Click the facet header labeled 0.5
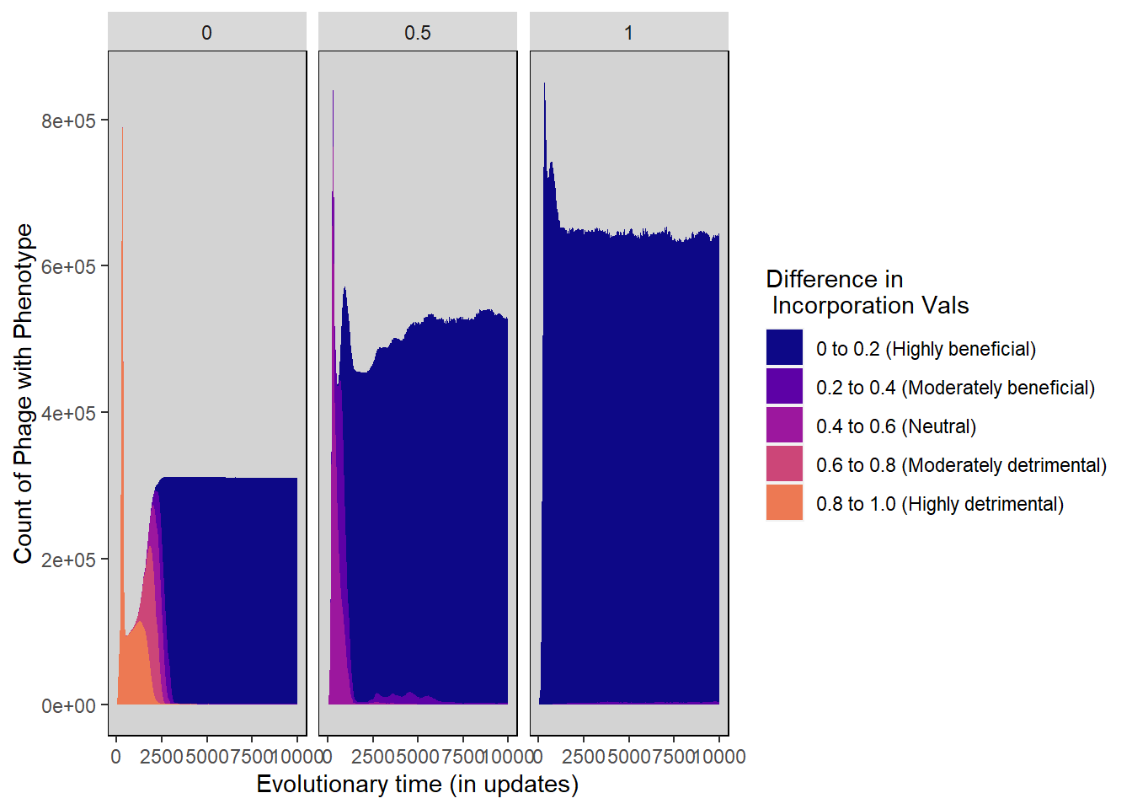point(417,33)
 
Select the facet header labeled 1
point(628,33)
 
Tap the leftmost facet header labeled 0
point(206,33)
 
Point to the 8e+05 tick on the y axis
point(69,121)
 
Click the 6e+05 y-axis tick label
point(69,267)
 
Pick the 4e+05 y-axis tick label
point(69,413)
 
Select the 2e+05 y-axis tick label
point(69,560)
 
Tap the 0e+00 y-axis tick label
point(69,706)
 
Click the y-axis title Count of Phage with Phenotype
point(24,394)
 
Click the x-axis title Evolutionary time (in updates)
point(417,785)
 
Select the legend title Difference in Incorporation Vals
point(867,292)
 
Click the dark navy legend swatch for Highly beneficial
point(784,348)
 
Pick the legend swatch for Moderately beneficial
point(784,387)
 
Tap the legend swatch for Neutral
point(784,426)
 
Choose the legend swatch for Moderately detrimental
point(784,464)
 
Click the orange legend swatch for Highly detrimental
point(784,503)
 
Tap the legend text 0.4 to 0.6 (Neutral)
point(895,426)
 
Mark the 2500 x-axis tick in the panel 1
point(584,757)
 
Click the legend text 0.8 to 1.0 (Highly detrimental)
point(939,504)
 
